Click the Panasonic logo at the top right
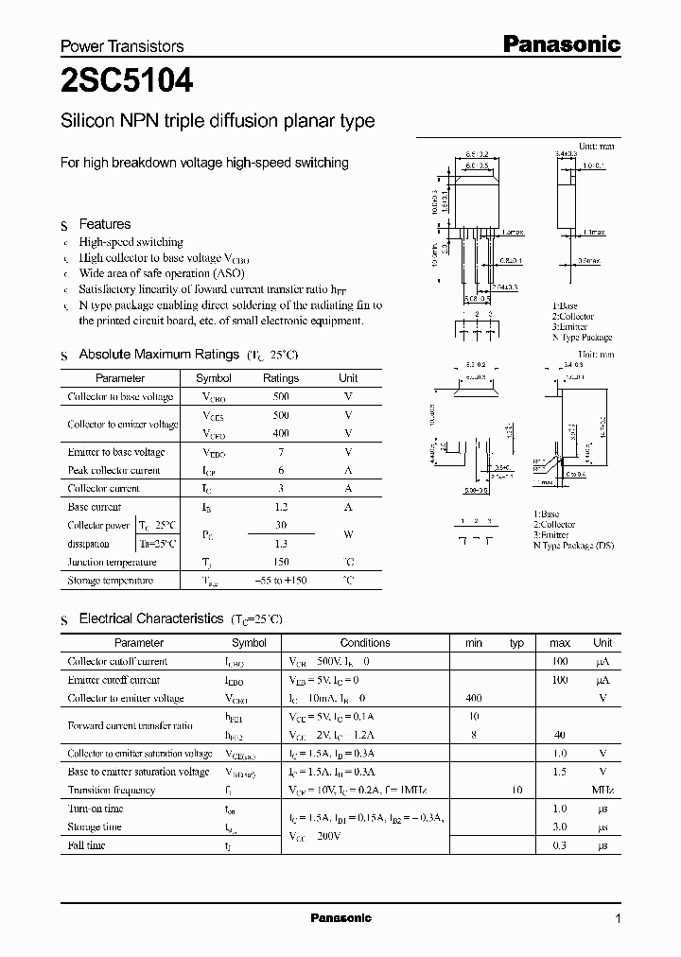tap(560, 43)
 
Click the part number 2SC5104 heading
tap(127, 82)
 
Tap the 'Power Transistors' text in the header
tap(122, 45)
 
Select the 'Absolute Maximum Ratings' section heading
tap(158, 354)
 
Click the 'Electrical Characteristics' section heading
tap(150, 618)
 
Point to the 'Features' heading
tap(105, 224)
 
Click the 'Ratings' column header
tap(280, 378)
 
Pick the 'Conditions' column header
tap(364, 643)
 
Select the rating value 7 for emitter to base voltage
tap(281, 452)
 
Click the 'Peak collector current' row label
tap(113, 470)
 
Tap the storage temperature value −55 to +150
tap(281, 581)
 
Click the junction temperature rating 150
tap(281, 562)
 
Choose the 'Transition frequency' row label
tap(111, 790)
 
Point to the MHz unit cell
tap(602, 790)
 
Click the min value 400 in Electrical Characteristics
tap(474, 698)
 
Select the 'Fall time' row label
tap(87, 844)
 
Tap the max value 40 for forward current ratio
tap(560, 735)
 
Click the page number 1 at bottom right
tap(619, 919)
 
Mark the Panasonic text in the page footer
tap(340, 918)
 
